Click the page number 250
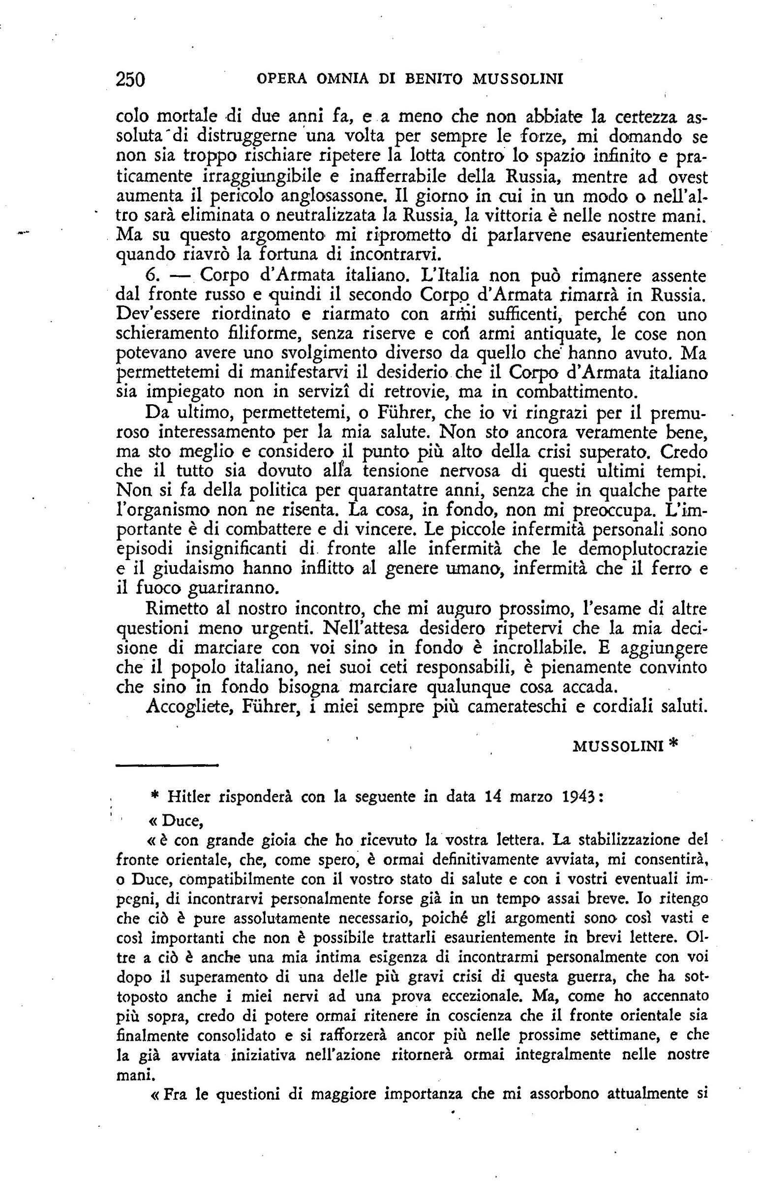coord(129,78)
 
